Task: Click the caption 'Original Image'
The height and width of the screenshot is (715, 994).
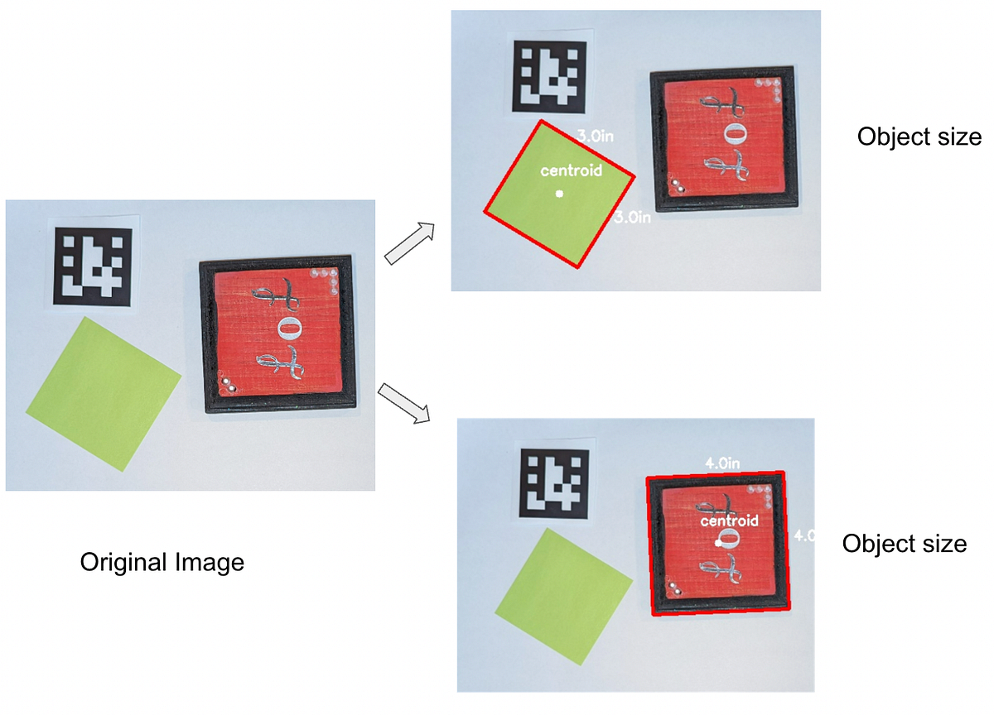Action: click(x=162, y=564)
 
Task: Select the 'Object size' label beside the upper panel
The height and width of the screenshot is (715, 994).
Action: click(x=919, y=137)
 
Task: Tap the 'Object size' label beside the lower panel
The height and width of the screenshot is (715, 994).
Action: click(x=904, y=544)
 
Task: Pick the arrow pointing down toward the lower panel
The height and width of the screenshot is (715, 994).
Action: click(x=405, y=403)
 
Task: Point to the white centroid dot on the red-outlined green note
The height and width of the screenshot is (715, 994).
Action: click(x=559, y=194)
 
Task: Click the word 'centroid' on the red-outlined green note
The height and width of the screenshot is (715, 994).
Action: click(x=571, y=171)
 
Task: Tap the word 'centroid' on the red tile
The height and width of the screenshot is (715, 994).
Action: click(x=729, y=522)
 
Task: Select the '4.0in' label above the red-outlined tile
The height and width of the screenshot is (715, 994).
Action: click(x=721, y=464)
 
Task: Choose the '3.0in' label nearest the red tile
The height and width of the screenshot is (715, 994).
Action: click(x=632, y=218)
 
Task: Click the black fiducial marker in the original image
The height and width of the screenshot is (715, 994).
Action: click(x=94, y=266)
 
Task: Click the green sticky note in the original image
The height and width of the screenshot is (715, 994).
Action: click(x=104, y=393)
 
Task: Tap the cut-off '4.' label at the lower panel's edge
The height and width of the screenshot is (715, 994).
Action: click(x=803, y=536)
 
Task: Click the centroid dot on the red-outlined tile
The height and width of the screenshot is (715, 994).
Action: click(x=718, y=543)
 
